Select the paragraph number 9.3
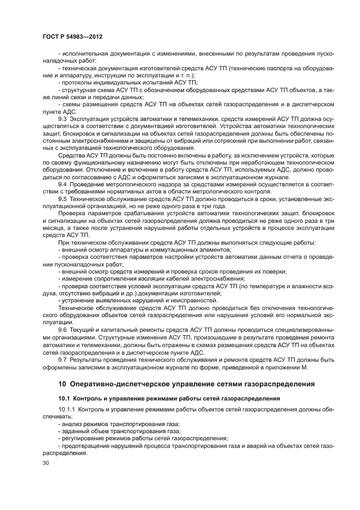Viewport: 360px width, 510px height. (62, 118)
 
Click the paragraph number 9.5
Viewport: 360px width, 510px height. (62, 199)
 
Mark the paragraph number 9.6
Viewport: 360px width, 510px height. (62, 330)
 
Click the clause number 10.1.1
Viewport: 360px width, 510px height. (66, 409)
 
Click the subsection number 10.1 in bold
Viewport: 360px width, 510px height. (64, 398)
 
